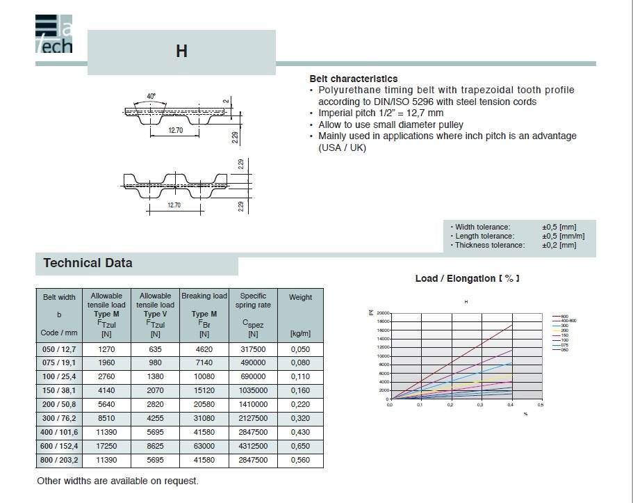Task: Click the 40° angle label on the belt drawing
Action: [x=151, y=96]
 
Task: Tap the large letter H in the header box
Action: [x=181, y=52]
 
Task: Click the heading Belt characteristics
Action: [x=354, y=79]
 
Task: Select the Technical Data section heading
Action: [x=88, y=263]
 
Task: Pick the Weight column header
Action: [x=300, y=297]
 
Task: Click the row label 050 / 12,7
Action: [x=59, y=349]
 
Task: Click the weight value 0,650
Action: [x=300, y=446]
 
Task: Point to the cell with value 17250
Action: [x=106, y=446]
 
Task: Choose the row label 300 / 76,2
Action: [x=59, y=419]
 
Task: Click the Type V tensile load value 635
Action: [x=155, y=349]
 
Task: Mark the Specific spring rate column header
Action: [x=253, y=301]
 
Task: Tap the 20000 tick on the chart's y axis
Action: [x=384, y=314]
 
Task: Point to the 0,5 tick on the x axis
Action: [x=540, y=404]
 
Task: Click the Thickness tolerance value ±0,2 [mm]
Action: [x=559, y=245]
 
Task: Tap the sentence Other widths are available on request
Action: [x=117, y=481]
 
